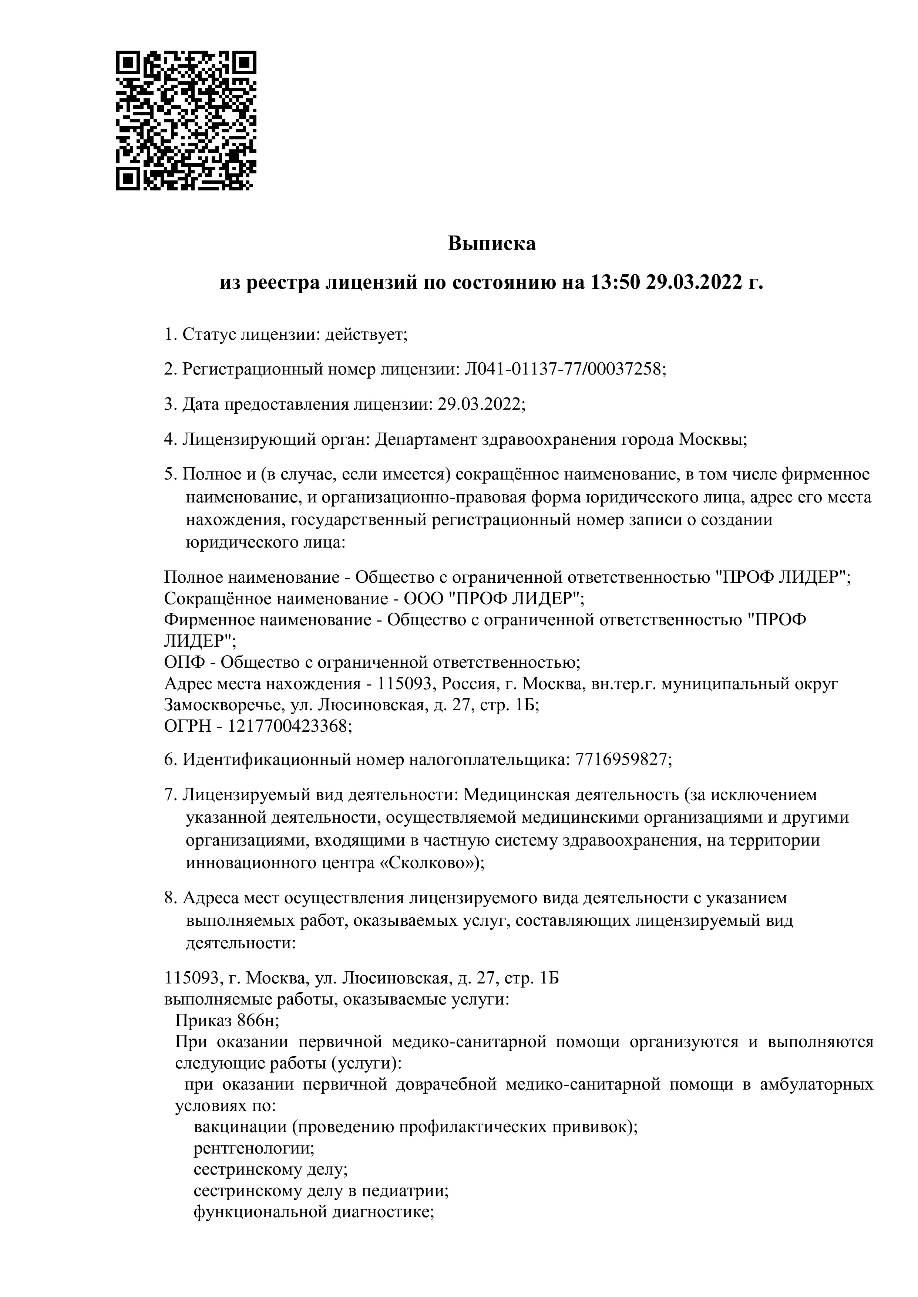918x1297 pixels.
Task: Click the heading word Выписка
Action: click(491, 244)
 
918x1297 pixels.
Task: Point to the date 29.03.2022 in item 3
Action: click(479, 404)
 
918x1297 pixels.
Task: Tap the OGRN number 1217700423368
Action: click(287, 727)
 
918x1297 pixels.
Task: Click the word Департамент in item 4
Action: click(426, 440)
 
